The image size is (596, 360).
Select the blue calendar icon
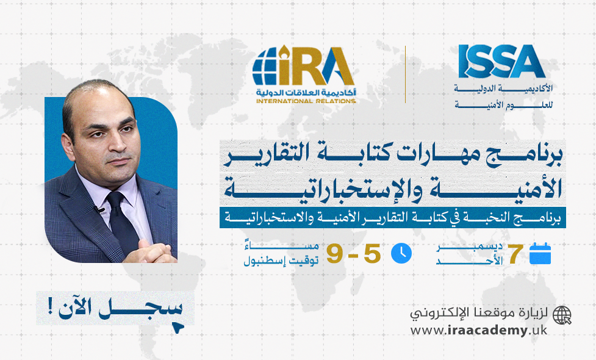pyautogui.click(x=540, y=253)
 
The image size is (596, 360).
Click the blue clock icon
pyautogui.click(x=401, y=253)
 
